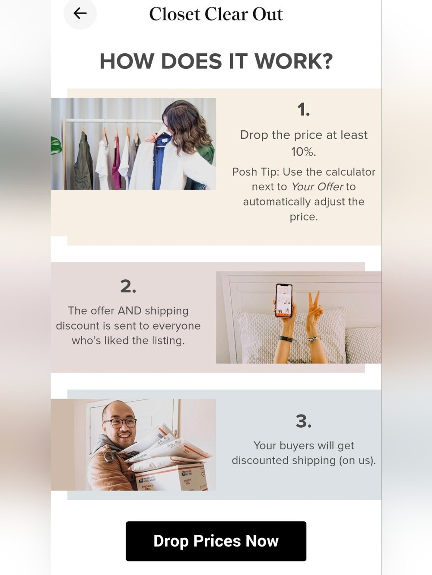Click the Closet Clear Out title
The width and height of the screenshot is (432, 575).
coord(216,14)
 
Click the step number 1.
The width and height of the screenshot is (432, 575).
coord(304,109)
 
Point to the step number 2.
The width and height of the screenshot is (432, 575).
coord(128,286)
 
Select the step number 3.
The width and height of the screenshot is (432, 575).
coord(304,422)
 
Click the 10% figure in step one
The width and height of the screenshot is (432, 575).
coord(304,151)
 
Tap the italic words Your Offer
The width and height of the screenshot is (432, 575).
coord(317,187)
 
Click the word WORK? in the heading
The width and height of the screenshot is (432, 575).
coord(294,61)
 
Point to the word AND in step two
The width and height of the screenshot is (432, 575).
coord(130,311)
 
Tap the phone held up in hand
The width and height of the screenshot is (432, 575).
coord(284,300)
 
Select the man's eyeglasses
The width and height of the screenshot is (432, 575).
coord(120,423)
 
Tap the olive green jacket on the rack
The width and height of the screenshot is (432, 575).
coord(83,162)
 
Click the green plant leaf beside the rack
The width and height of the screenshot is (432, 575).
coord(56,145)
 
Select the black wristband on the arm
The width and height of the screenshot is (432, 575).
coord(285,339)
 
